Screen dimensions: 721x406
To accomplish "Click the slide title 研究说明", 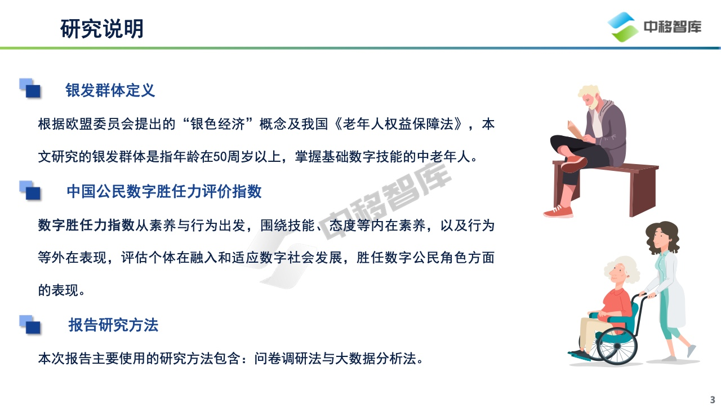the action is click(102, 29).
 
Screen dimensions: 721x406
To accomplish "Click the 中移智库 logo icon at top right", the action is click(623, 27).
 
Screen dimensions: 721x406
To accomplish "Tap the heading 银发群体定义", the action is click(110, 90).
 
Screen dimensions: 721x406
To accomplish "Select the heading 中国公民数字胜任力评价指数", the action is click(164, 191).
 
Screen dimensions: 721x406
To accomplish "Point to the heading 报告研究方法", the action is click(113, 325).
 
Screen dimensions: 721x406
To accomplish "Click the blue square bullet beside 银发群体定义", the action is click(30, 88).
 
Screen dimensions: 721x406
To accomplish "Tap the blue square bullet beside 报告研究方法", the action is click(30, 325).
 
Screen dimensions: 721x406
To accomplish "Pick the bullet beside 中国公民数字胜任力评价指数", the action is click(30, 191).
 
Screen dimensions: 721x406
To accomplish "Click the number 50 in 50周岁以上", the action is click(220, 157).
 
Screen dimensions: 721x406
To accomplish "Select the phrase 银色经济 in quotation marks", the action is click(218, 124).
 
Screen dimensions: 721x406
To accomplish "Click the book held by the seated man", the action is click(576, 130).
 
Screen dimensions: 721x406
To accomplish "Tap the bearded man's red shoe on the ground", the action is click(558, 211).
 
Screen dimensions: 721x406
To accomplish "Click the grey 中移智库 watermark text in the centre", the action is click(386, 200).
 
